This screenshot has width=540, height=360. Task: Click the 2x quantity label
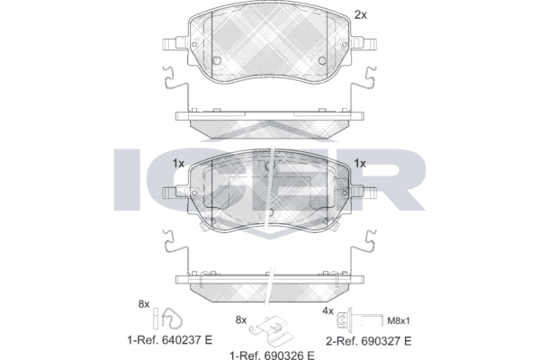coord(360,14)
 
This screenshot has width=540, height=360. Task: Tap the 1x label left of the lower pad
coord(177,163)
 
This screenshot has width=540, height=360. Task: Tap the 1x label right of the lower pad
coord(360,163)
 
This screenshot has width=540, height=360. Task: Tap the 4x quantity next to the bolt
coord(328,310)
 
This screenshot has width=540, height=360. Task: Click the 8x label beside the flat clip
coord(239,319)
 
